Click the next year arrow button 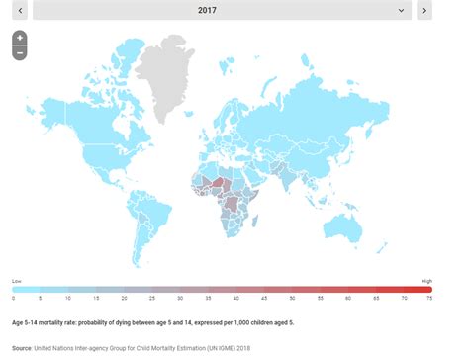[x=423, y=11]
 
